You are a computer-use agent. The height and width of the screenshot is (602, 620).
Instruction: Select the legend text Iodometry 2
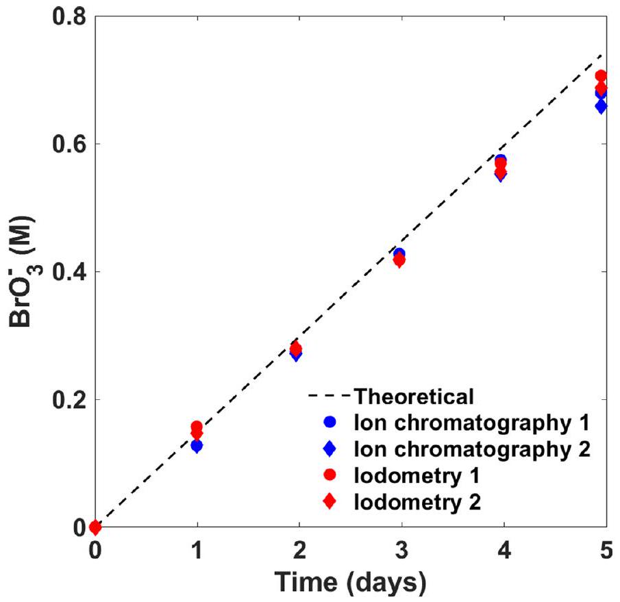click(x=419, y=501)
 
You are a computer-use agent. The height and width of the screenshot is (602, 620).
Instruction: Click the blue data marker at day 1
click(x=197, y=446)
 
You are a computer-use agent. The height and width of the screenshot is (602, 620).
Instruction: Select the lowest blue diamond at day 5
click(x=601, y=106)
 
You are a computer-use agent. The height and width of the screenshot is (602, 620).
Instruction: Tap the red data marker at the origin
click(x=95, y=527)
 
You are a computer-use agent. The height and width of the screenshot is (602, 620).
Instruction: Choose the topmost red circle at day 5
click(x=601, y=76)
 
